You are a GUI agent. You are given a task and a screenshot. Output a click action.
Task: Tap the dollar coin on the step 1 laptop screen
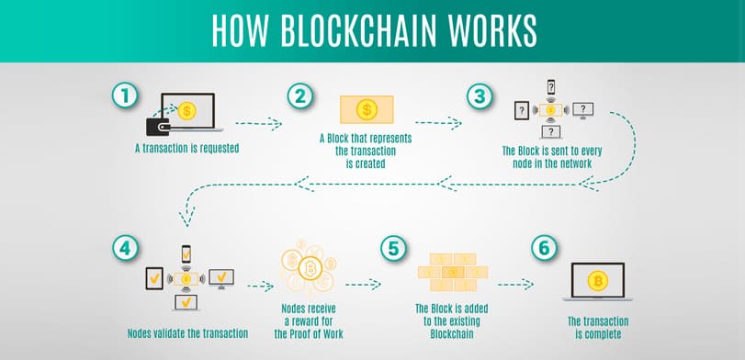pos(188,108)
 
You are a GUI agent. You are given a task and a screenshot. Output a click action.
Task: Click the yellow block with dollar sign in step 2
pos(367,110)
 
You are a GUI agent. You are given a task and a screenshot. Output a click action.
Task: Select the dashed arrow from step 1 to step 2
pos(257,121)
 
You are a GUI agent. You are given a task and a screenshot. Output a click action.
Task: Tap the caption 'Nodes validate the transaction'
pos(187,332)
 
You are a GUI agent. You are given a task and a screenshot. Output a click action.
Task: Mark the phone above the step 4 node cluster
pos(186,252)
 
